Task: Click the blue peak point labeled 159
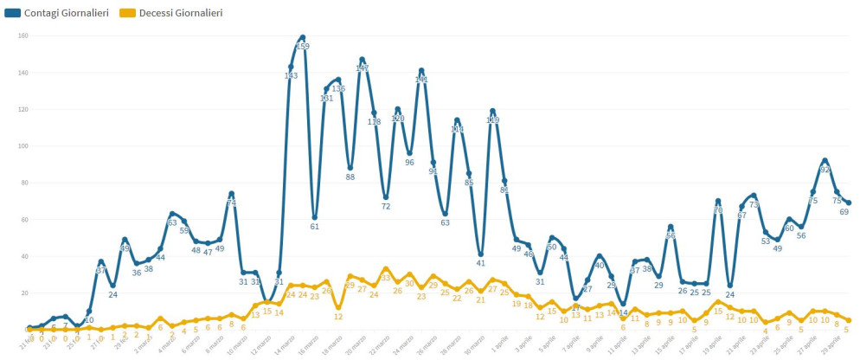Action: point(303,37)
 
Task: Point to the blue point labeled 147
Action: point(362,60)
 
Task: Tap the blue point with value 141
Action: point(421,71)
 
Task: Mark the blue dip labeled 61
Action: point(315,217)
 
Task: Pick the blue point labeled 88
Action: point(350,168)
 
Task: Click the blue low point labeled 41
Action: point(480,254)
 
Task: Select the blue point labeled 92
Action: point(825,160)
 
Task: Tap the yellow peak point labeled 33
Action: point(386,269)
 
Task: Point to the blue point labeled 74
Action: point(232,194)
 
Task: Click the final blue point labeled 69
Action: point(849,202)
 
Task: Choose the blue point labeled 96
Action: point(409,153)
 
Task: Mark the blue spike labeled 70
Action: point(718,201)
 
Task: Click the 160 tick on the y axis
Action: point(23,35)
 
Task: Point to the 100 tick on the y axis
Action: point(23,146)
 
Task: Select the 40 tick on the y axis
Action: point(23,256)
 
